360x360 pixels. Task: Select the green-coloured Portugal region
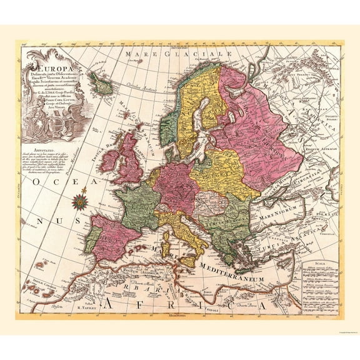tap(90, 239)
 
